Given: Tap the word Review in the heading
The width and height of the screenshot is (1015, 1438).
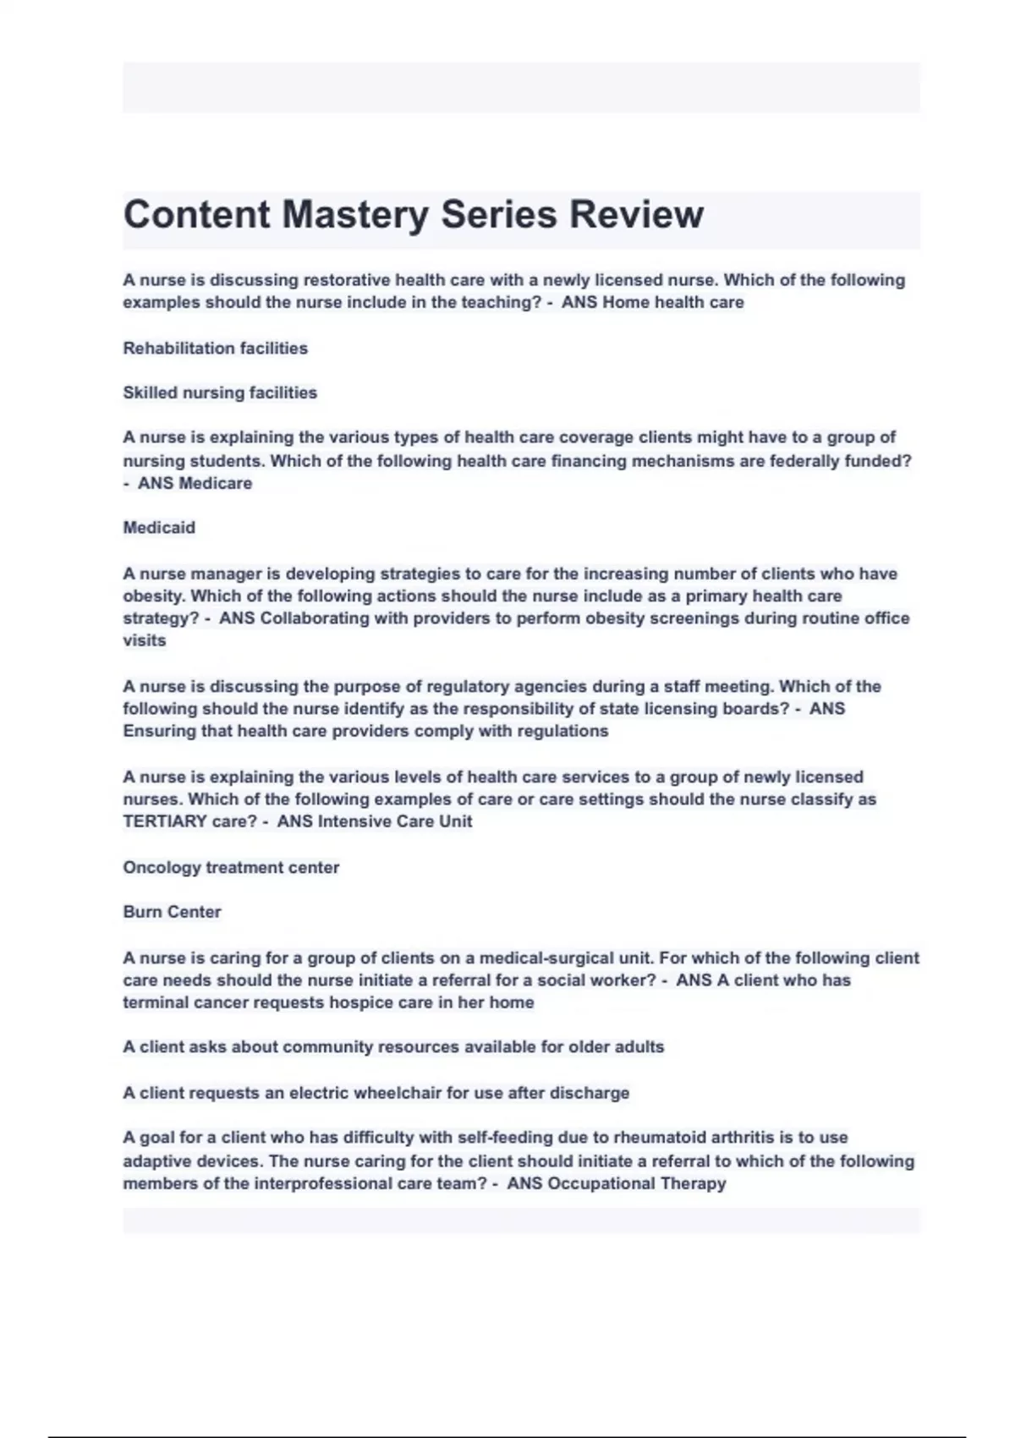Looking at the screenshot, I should pos(635,215).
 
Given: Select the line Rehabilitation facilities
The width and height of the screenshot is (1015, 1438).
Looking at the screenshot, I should pos(215,348).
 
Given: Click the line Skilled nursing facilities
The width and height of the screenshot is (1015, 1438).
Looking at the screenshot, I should pos(220,392).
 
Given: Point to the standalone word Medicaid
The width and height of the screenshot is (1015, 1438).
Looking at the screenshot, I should pos(159,528).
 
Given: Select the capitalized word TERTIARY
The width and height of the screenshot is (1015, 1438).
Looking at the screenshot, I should pos(166,821).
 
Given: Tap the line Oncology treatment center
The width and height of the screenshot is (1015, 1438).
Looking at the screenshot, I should pos(231,867).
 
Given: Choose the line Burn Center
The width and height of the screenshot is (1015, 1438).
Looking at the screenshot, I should pos(172,912).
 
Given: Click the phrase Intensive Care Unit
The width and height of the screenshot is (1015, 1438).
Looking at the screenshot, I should pos(395,821).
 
